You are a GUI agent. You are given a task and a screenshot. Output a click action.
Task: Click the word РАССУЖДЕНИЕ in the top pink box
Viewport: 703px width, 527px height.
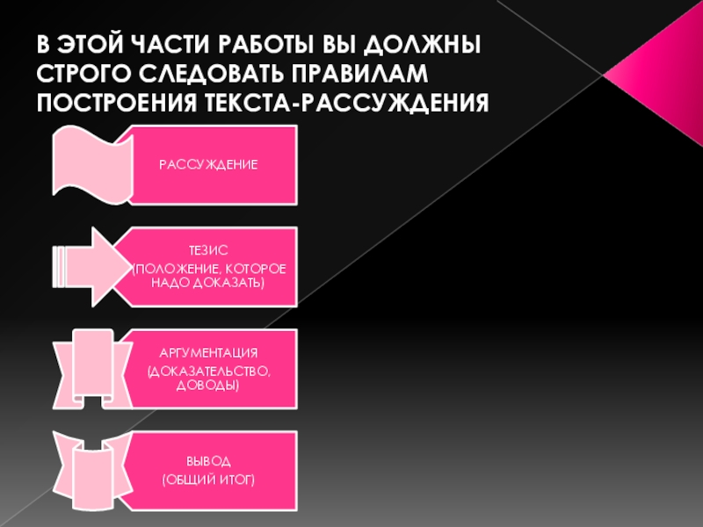coord(208,165)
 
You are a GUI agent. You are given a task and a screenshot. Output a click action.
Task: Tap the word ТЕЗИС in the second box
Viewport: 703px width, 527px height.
coord(208,250)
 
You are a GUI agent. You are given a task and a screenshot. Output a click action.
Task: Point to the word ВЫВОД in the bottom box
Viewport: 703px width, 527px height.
coord(208,460)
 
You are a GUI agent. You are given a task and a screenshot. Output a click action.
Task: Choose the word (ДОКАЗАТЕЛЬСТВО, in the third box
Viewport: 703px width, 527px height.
coord(208,371)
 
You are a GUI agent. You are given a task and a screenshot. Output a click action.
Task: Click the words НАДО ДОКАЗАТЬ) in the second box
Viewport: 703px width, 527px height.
coord(208,284)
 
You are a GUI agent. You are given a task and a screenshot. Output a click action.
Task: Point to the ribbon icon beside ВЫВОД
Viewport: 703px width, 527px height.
coord(91,470)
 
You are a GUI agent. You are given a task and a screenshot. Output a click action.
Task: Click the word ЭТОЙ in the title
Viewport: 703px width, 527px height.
coord(91,44)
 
